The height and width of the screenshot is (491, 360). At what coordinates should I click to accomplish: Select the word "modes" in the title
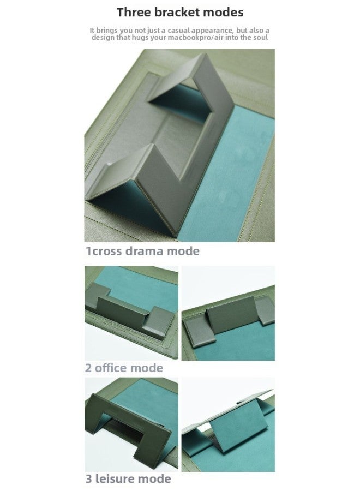[223, 12]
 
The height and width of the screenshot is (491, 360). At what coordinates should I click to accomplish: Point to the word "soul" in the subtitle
[260, 37]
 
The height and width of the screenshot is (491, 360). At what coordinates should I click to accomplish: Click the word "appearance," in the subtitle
[213, 31]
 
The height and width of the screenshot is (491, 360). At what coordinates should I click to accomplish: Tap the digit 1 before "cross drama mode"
[88, 251]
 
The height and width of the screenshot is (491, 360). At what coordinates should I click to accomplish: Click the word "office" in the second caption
[111, 368]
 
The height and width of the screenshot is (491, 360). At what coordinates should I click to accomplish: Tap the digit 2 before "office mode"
[88, 368]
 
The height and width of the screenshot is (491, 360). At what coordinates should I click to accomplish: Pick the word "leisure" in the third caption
[115, 479]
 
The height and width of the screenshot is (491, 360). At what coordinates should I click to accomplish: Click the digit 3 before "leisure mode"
[88, 479]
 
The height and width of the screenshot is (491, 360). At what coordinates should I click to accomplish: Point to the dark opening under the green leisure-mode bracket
[131, 431]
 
